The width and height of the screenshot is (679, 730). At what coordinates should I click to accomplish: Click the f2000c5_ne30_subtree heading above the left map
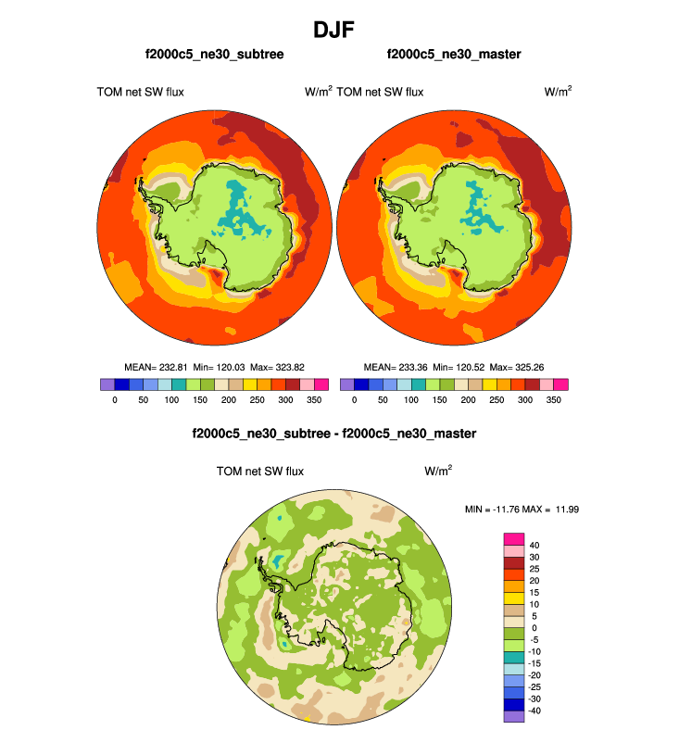coord(214,56)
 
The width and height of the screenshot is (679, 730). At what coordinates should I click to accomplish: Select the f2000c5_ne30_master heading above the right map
coord(454,56)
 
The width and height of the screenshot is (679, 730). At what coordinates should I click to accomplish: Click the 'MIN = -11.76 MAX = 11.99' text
coord(526,510)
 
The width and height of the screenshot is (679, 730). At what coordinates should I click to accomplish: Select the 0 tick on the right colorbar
coord(354,399)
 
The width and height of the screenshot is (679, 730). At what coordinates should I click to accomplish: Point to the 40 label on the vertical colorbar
coord(534,545)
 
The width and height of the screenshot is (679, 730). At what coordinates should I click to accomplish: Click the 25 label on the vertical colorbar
coord(534,568)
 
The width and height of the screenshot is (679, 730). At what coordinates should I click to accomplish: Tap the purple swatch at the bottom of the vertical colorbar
coord(514,716)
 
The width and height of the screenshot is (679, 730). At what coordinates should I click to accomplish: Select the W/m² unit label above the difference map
coord(438,471)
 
